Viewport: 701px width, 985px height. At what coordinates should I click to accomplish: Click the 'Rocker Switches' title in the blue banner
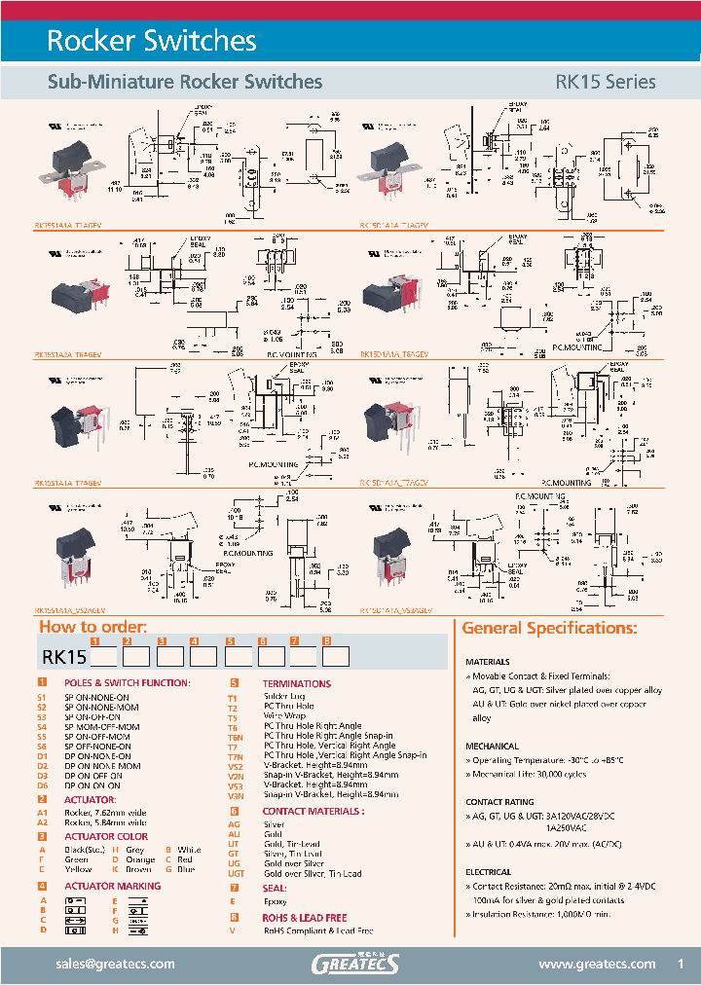point(152,41)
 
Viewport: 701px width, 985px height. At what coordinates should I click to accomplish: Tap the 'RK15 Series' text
point(605,83)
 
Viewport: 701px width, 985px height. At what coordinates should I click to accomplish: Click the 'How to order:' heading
point(93,628)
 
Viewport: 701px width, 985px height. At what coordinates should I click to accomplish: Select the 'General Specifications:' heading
point(549,628)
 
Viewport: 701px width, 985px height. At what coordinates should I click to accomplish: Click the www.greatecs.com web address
point(597,964)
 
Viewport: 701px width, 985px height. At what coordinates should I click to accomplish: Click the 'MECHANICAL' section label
point(493,747)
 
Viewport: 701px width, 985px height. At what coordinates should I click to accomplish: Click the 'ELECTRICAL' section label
point(489,873)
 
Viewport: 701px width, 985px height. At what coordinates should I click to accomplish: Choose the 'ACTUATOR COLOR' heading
point(106,836)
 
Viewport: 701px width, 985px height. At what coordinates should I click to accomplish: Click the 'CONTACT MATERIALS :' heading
point(314,811)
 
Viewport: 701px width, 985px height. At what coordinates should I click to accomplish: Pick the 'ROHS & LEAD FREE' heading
point(305,918)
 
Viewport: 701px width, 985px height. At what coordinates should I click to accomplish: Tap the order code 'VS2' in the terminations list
point(235,765)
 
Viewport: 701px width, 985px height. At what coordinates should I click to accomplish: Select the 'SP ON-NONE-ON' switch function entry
point(96,698)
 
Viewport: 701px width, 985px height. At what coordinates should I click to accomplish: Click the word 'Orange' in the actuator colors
point(140,860)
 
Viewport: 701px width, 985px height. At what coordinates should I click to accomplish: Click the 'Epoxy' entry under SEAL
point(275,901)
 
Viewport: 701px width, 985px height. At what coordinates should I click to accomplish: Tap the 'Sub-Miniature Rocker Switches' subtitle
point(185,83)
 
